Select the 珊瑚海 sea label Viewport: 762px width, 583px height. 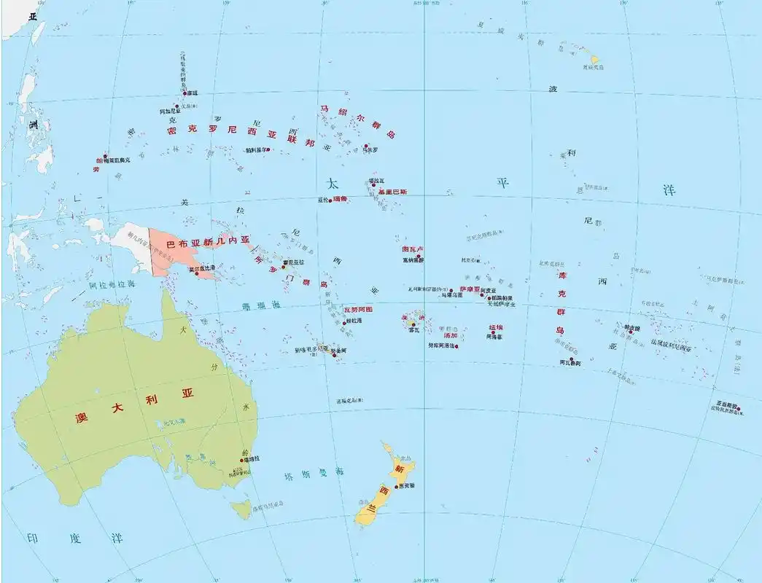pos(260,305)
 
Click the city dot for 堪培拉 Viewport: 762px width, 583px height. pos(242,460)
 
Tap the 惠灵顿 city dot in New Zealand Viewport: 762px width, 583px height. pos(397,486)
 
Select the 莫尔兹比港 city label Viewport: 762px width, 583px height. pos(202,268)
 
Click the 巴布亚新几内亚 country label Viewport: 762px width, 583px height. pos(208,240)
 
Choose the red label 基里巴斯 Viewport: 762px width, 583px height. pos(392,192)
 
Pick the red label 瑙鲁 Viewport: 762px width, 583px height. pos(341,199)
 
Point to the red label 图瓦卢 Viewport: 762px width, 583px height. pos(413,249)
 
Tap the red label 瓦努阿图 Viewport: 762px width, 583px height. pos(358,309)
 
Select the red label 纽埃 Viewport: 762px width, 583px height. pos(496,328)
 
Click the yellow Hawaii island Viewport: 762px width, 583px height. pos(594,60)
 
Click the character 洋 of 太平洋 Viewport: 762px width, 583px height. pos(669,191)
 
